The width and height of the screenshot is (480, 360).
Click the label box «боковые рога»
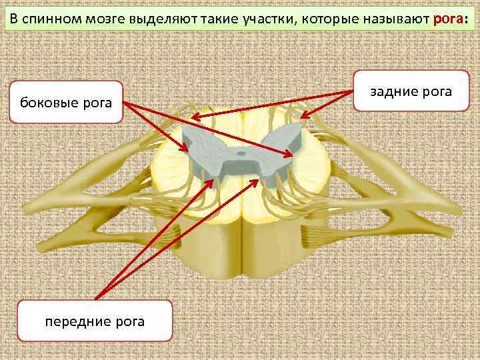(67, 103)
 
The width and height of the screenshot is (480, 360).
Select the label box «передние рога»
(95, 321)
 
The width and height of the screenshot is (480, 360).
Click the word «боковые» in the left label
(49, 103)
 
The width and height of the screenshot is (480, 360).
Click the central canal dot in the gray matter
(240, 153)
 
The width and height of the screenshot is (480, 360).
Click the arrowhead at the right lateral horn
(291, 155)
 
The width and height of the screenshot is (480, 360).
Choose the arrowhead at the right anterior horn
(256, 179)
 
